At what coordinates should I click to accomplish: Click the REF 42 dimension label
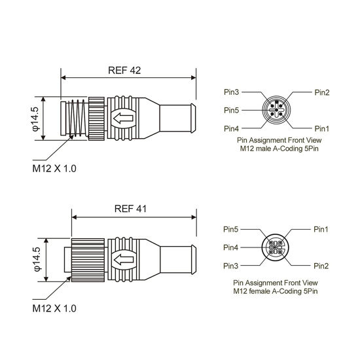tap(124, 71)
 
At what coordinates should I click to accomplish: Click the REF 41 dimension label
tap(130, 209)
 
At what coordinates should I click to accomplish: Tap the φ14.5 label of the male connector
tap(37, 118)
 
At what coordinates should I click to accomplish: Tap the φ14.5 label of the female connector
tap(37, 259)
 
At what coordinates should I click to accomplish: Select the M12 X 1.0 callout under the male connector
tap(54, 168)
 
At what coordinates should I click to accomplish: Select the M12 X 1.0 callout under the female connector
tap(54, 308)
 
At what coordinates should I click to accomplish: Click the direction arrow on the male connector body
tap(123, 118)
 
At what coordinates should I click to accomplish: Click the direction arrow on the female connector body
tap(124, 260)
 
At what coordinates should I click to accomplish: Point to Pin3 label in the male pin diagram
tap(232, 92)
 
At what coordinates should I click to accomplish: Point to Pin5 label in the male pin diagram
tap(232, 110)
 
